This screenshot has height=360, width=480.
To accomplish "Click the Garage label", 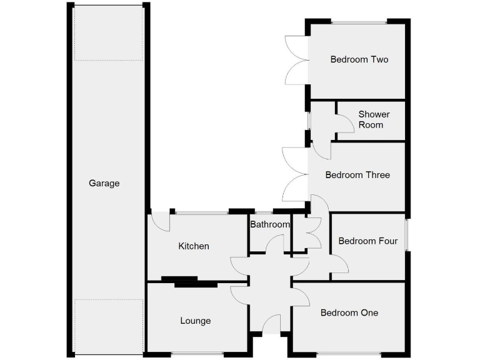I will [x=104, y=183].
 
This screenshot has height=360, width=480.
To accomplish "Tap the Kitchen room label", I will [x=194, y=246].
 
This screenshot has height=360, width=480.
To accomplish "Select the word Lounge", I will [x=196, y=321].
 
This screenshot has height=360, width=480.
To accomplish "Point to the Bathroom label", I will [x=270, y=224].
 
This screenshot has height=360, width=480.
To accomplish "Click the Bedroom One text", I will [x=349, y=312].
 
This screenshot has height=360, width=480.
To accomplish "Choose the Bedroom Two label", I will [x=359, y=59].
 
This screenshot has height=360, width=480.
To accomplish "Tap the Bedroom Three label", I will [x=357, y=175].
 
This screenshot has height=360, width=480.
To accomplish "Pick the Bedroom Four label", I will [x=367, y=241].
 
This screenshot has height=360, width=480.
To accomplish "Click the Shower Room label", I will [x=374, y=119].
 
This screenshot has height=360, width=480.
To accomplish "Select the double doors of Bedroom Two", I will [x=296, y=60].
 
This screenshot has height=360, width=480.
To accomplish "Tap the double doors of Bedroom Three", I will [x=294, y=175].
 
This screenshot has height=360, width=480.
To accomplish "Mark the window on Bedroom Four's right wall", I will [x=407, y=235].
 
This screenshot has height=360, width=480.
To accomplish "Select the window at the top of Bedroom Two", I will [x=359, y=22].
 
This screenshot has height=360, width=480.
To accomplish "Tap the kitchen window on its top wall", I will [x=201, y=213].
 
